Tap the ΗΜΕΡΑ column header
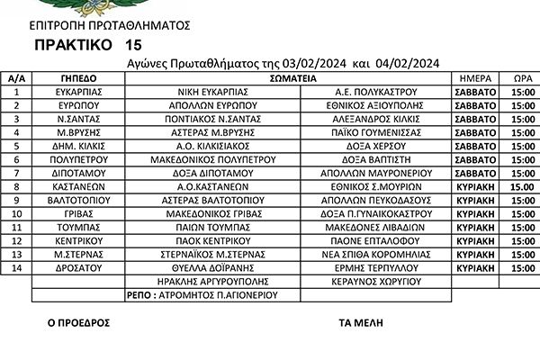pos(475,79)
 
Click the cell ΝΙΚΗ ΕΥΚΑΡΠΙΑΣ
pos(212,92)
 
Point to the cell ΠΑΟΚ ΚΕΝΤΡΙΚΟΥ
pos(212,241)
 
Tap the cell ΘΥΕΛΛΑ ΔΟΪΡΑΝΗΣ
pos(212,267)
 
